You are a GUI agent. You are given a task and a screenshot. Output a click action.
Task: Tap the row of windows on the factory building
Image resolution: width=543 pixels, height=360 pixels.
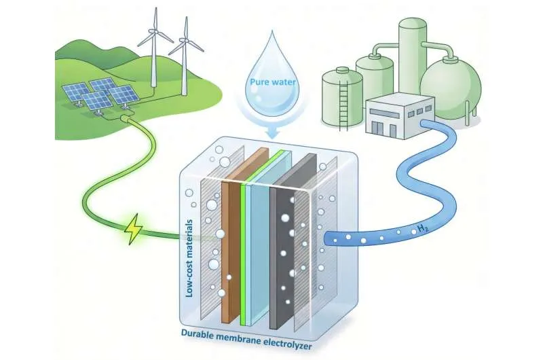[x=415, y=109]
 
